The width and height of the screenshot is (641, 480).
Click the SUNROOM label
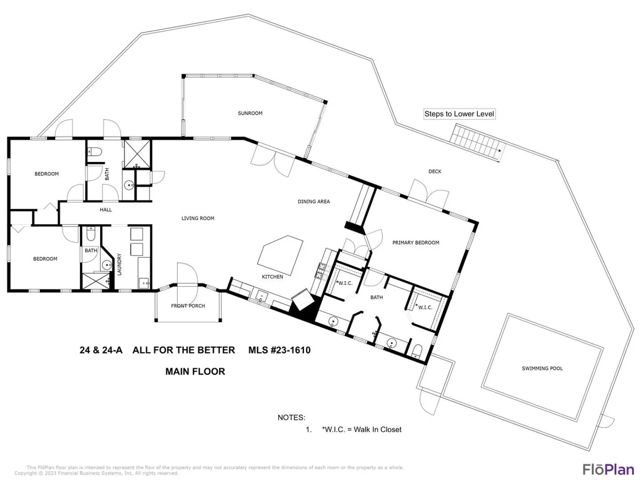(250, 113)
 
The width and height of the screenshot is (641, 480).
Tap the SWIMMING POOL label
(542, 368)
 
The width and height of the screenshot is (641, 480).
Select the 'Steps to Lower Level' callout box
(459, 114)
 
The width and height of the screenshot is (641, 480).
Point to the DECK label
(435, 172)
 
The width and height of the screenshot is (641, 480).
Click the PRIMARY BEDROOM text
(416, 243)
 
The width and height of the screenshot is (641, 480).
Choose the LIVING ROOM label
(198, 218)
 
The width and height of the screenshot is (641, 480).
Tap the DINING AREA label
(314, 201)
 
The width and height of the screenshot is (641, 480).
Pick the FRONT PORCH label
(188, 306)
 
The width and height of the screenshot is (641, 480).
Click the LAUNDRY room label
(119, 264)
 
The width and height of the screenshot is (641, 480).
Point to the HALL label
(105, 209)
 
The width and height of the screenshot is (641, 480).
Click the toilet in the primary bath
(417, 352)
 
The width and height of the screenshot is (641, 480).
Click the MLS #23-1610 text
(280, 350)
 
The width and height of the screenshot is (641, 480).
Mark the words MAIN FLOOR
(195, 372)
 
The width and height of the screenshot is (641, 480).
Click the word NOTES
(291, 418)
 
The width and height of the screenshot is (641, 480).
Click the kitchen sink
(262, 297)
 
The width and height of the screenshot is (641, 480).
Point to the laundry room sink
(144, 283)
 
